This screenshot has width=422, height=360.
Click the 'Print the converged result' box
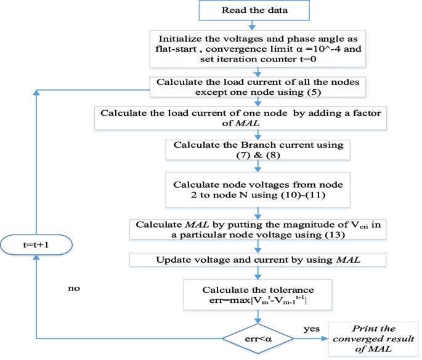373,338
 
